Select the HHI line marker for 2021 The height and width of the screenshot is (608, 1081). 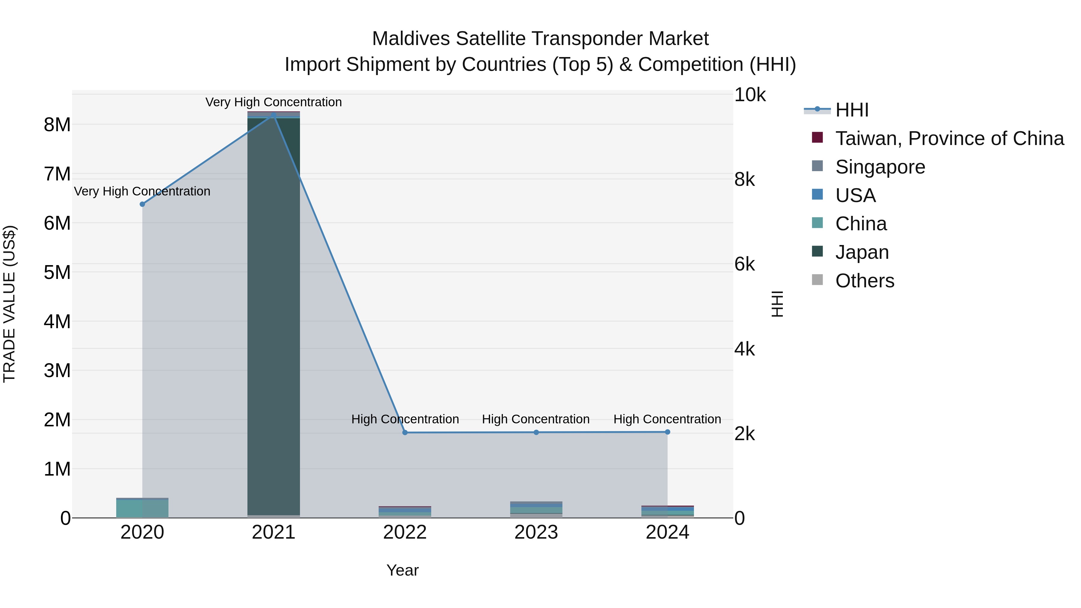tap(274, 115)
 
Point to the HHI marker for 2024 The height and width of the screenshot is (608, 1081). tap(667, 432)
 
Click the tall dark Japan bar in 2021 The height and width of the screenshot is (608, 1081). tap(274, 315)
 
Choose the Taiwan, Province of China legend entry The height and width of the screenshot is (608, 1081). tap(949, 138)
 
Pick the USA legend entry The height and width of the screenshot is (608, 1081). tap(855, 195)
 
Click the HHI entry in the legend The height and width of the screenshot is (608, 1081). tap(852, 110)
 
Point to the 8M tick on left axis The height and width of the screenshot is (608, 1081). tap(57, 125)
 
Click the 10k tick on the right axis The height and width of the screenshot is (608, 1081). tap(749, 95)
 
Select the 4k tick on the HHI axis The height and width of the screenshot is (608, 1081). tap(744, 349)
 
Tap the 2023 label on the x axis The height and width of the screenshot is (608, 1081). tap(536, 532)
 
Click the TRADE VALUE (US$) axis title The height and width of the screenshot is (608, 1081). tap(9, 304)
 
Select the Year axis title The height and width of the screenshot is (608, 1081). tap(402, 570)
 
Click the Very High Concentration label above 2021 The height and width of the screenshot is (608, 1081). tap(274, 102)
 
